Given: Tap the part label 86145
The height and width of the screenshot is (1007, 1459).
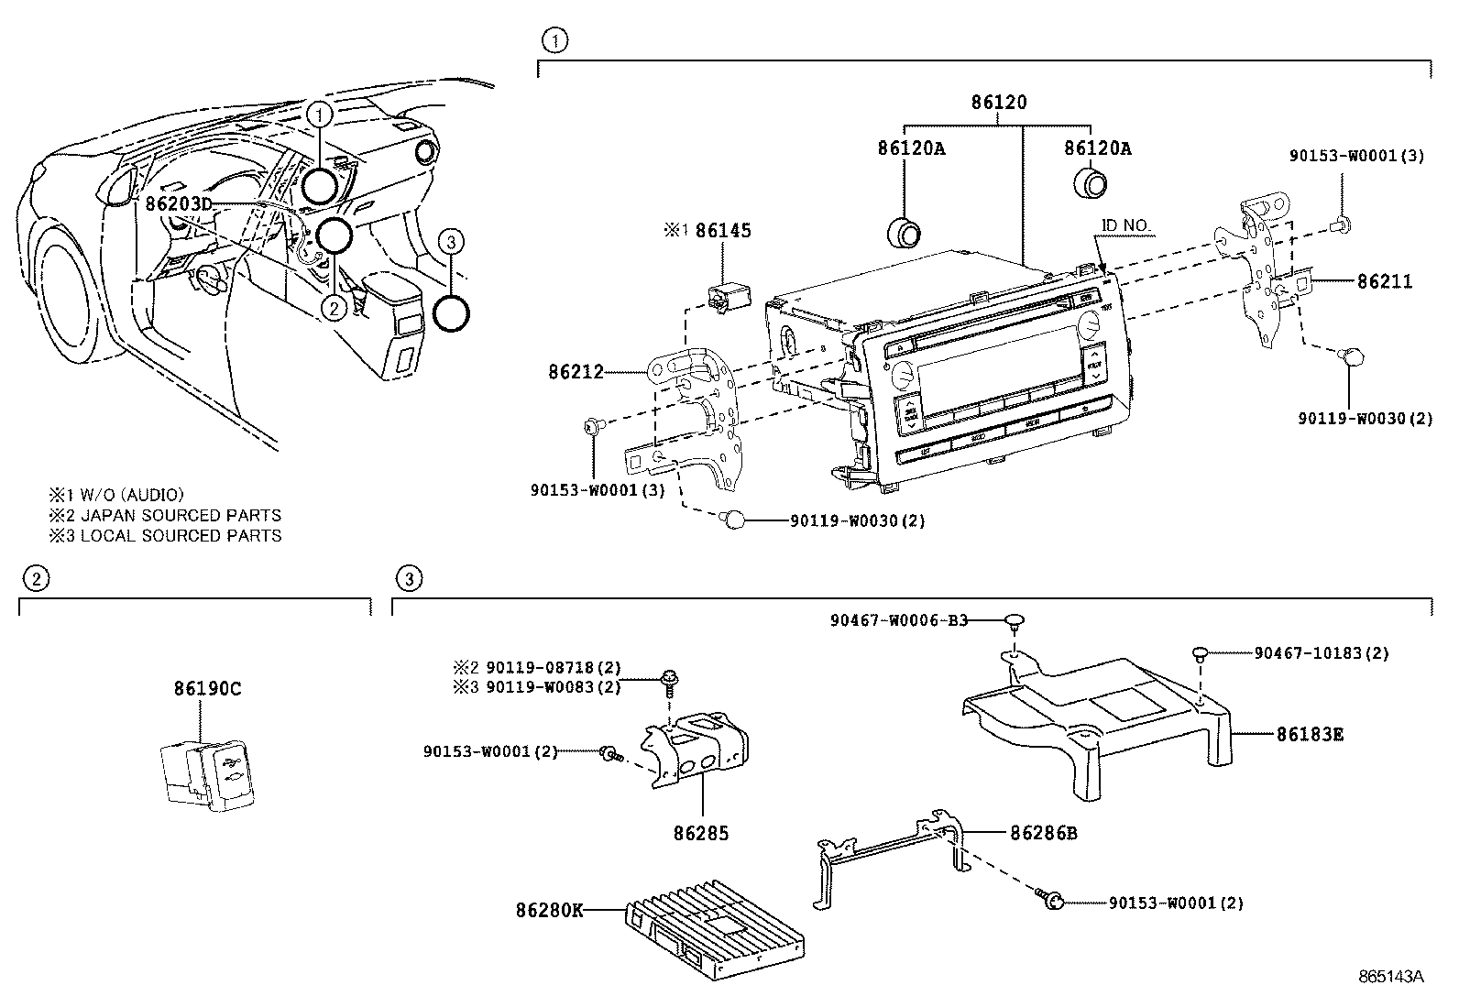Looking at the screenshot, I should click(x=722, y=231).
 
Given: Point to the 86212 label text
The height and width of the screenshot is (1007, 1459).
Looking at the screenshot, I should click(x=576, y=371).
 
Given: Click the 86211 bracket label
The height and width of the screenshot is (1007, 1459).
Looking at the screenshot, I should click(x=1384, y=281).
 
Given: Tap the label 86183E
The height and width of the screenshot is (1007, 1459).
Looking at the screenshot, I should click(x=1310, y=734).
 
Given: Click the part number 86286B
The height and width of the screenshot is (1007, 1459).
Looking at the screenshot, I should click(x=1044, y=833).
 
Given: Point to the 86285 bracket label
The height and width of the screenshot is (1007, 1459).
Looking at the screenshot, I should click(x=701, y=833).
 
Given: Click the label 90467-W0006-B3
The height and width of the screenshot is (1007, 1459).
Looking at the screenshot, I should click(x=899, y=620).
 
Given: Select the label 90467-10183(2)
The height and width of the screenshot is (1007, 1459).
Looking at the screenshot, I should click(x=1321, y=653).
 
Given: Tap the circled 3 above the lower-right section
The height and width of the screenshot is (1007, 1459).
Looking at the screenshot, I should click(x=409, y=578).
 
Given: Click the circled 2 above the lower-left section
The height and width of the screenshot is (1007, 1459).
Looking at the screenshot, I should click(x=35, y=578).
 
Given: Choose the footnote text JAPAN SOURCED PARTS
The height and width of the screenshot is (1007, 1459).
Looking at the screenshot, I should click(x=181, y=515).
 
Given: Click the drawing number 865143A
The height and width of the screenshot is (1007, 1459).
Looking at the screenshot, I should click(x=1390, y=977).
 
